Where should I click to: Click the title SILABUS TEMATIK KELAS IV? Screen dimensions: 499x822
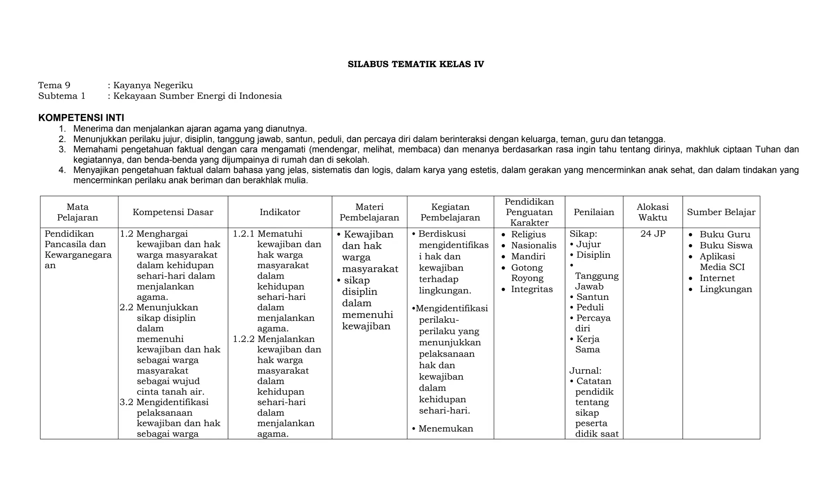point(415,64)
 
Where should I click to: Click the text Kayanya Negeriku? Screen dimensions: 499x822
point(153,85)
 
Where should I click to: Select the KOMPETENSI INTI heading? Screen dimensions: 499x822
point(81,118)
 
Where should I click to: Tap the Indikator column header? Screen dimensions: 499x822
point(280,212)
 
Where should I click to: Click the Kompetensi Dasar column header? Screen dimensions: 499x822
point(173,212)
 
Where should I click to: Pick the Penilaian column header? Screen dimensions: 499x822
point(594,212)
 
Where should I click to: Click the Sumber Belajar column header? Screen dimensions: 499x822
point(721,212)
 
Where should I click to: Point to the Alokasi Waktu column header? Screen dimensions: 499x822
point(653,212)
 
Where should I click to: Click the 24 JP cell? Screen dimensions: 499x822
point(653,234)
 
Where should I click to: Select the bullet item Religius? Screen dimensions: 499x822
point(528,234)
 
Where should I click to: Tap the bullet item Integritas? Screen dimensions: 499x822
point(532,289)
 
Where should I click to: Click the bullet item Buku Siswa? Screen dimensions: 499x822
point(726,245)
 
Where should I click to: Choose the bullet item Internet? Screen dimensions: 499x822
point(717,278)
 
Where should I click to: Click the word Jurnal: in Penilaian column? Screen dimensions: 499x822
point(585,371)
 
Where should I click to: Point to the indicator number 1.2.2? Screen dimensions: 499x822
point(244,339)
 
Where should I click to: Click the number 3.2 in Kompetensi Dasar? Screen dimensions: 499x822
point(126,402)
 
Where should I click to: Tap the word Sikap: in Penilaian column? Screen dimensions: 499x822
point(583,234)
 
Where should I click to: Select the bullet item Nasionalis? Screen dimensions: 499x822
point(533,245)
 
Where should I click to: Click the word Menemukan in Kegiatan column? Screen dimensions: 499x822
point(446,428)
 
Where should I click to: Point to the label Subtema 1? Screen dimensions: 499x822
point(62,96)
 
